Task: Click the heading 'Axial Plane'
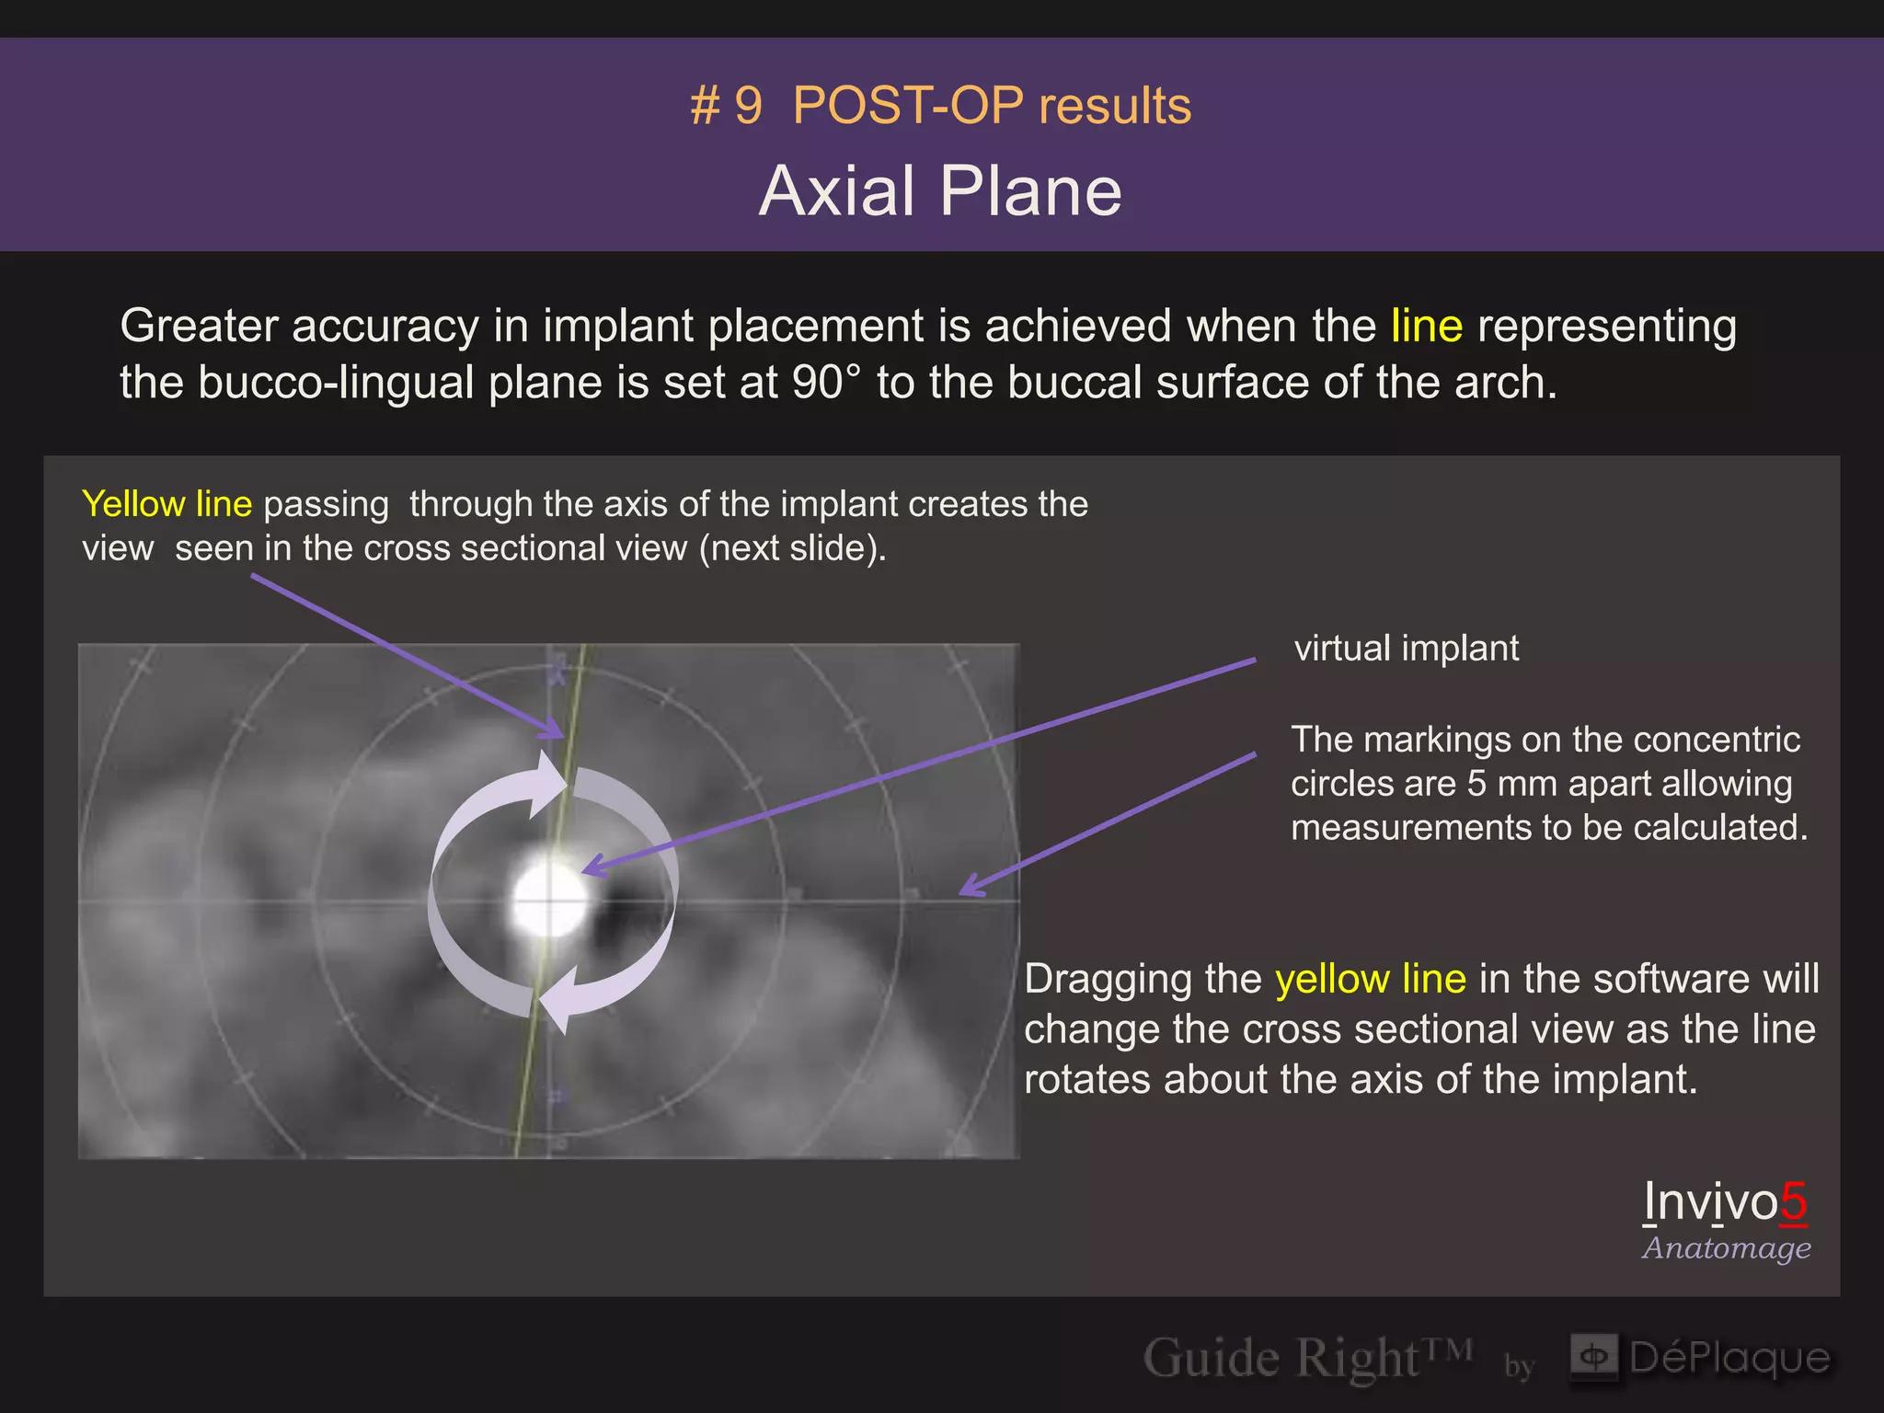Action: pos(940,191)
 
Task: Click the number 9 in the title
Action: pos(748,106)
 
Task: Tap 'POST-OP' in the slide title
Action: pos(907,106)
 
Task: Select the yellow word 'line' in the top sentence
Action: pos(1426,326)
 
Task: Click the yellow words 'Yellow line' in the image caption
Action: pos(167,504)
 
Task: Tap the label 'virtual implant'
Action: pos(1406,649)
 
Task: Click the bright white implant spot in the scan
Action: pos(549,897)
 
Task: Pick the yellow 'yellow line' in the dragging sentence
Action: pos(1370,979)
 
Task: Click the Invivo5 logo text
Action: pos(1725,1201)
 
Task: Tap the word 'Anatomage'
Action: pos(1727,1248)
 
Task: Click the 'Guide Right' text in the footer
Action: pos(1281,1359)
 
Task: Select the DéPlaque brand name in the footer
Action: pos(1729,1358)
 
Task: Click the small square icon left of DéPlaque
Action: pos(1594,1357)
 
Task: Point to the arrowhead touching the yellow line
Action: pos(555,732)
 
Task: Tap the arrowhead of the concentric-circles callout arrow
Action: pos(968,889)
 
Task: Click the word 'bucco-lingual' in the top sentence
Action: pos(336,383)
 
